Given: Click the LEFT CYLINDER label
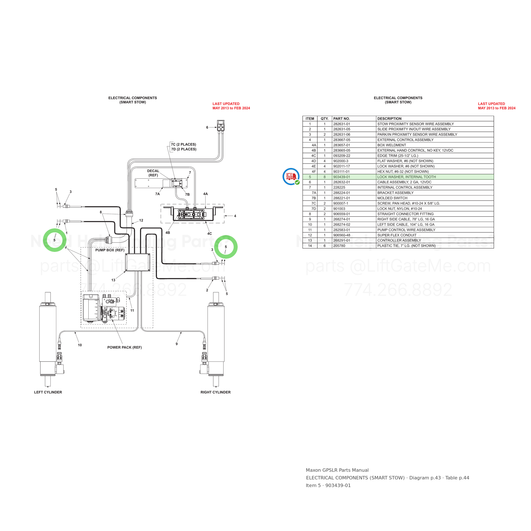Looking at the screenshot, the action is pos(48,392).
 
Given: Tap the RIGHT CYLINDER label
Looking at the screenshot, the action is pos(215,392).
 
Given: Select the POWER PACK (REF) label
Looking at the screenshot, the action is pos(124,347).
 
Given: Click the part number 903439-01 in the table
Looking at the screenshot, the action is pos(342,177).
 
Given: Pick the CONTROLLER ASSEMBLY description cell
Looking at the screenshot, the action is pos(399,240).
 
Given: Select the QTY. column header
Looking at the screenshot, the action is pos(325,119).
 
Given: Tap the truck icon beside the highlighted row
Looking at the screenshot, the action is pos(291,177).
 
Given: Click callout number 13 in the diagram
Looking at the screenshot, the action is pos(113,280).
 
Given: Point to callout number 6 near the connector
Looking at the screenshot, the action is pos(207,127).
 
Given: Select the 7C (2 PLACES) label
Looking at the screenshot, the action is pos(184,144).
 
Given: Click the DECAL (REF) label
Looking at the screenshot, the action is pos(153,173).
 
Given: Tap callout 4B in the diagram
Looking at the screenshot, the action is pos(168,233).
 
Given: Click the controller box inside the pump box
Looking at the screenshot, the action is pos(138,262).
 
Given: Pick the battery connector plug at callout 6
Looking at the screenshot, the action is pos(221,126).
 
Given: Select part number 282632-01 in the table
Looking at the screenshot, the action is pos(342,182).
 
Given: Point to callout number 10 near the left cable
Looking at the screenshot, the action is pos(80,345).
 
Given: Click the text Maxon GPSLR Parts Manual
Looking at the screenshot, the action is pos(337,470).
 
